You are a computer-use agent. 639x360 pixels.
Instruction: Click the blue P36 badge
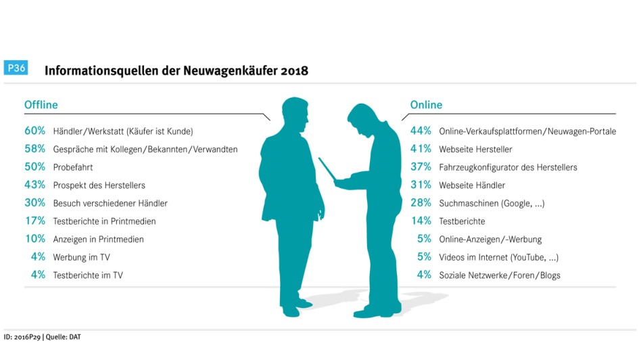pyautogui.click(x=16, y=68)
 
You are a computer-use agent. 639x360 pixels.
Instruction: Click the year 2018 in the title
pyautogui.click(x=293, y=70)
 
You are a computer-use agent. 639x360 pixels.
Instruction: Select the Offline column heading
pyautogui.click(x=41, y=105)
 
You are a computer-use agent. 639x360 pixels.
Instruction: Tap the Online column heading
pyautogui.click(x=426, y=105)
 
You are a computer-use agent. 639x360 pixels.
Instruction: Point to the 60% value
pyautogui.click(x=34, y=131)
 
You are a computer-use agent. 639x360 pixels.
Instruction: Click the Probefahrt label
pyautogui.click(x=73, y=167)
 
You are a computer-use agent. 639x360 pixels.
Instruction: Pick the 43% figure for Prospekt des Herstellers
pyautogui.click(x=34, y=185)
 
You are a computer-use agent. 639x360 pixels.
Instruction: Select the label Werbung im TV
pyautogui.click(x=82, y=257)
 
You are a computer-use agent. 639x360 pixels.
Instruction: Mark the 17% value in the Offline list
pyautogui.click(x=34, y=221)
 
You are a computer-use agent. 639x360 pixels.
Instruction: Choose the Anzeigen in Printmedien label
pyautogui.click(x=98, y=239)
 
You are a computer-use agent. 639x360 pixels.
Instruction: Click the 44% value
pyautogui.click(x=421, y=131)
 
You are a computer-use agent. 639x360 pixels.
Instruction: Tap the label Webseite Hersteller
pyautogui.click(x=475, y=149)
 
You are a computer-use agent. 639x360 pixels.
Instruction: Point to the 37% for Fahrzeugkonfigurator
pyautogui.click(x=421, y=167)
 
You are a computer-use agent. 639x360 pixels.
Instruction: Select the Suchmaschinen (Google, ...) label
pyautogui.click(x=492, y=203)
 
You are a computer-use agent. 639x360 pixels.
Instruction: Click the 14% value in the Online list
pyautogui.click(x=421, y=221)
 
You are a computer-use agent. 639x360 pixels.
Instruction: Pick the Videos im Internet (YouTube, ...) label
pyautogui.click(x=498, y=257)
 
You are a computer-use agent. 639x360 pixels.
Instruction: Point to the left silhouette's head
pyautogui.click(x=294, y=114)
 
